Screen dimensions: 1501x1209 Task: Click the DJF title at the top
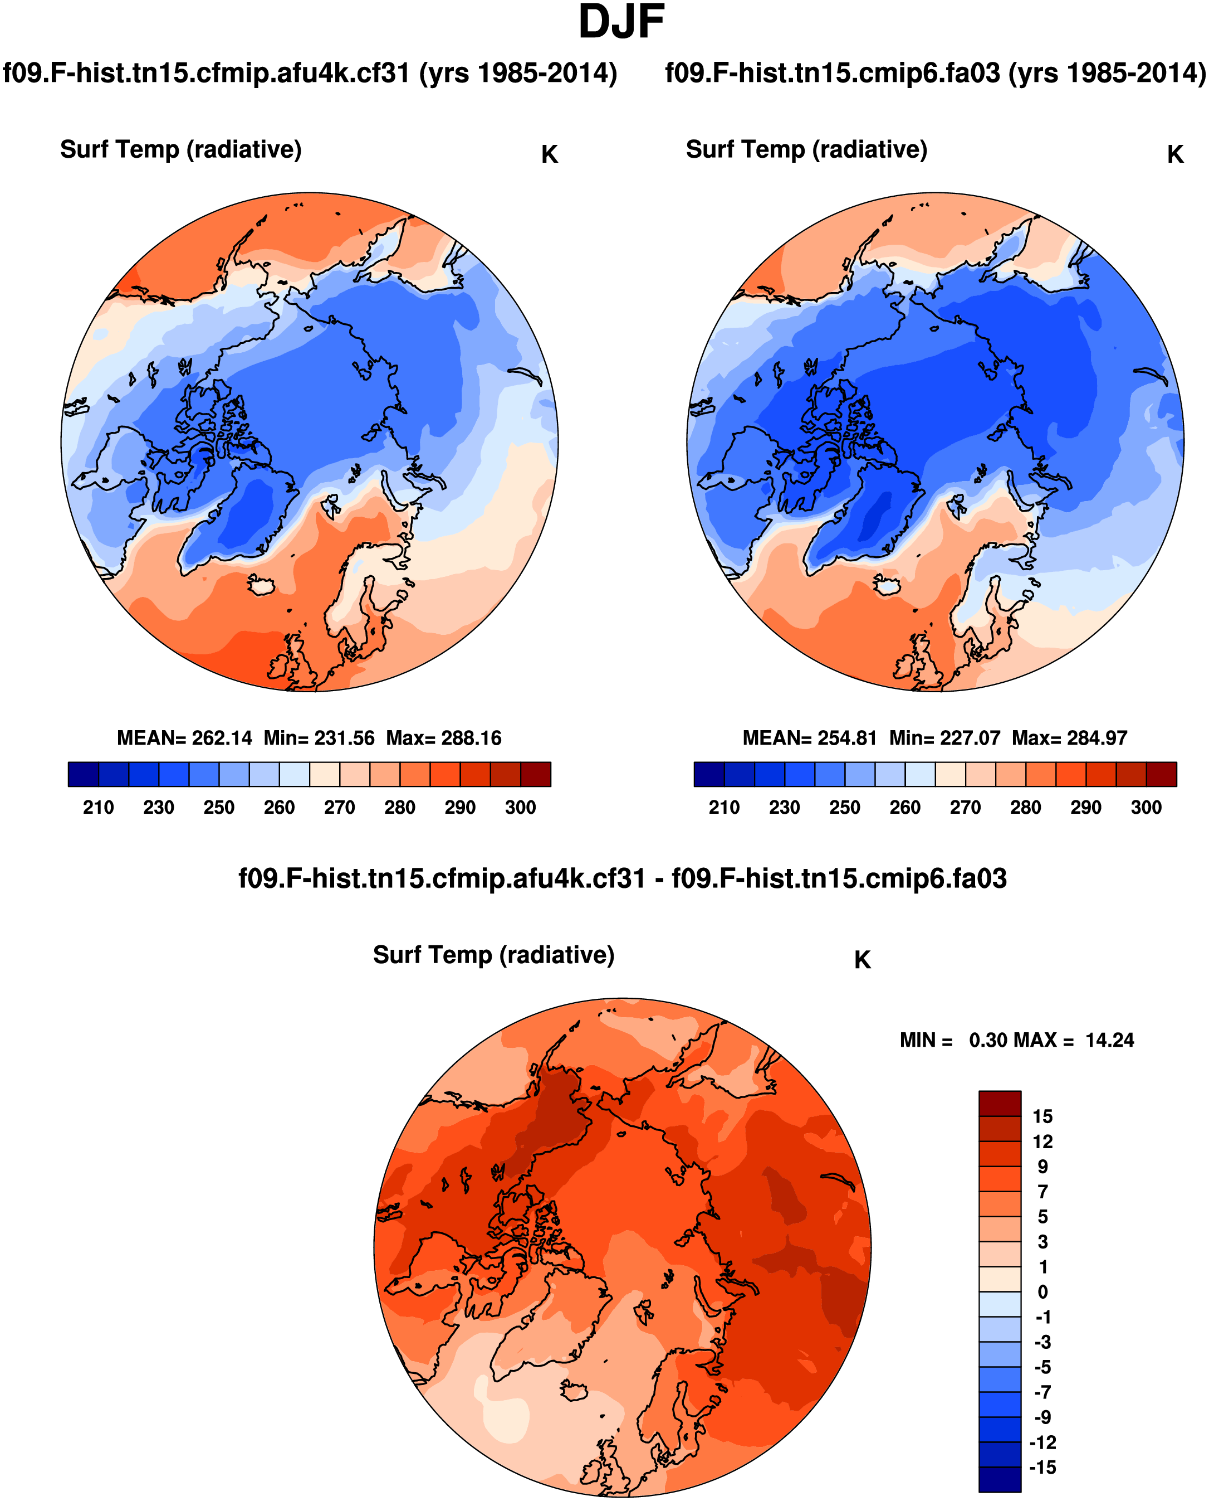621,22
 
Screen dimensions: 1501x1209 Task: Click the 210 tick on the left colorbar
98,807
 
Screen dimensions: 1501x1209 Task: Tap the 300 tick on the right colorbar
1146,807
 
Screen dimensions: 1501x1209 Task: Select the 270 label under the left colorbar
339,807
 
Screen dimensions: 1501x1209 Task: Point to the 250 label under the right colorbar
844,807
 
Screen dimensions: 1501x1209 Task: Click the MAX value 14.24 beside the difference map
1109,1041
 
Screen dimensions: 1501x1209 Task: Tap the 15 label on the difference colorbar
1042,1116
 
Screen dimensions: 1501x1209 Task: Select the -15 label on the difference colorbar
1042,1468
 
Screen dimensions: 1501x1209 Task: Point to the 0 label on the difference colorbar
1042,1292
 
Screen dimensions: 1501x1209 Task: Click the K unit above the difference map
862,960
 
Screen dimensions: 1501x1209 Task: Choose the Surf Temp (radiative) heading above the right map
806,149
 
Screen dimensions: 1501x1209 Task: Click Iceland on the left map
262,585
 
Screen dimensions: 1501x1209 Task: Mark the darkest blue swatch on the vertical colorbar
1000,1479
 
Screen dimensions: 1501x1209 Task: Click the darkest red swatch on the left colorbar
536,774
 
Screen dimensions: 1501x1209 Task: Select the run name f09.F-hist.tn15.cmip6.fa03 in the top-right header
832,72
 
